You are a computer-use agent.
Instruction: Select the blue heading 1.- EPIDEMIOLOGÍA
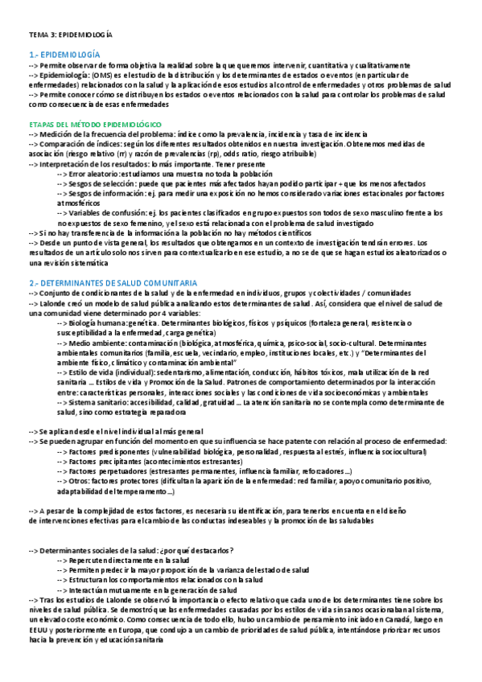[x=64, y=53]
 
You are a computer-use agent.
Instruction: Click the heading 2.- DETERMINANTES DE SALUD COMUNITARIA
[x=112, y=284]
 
